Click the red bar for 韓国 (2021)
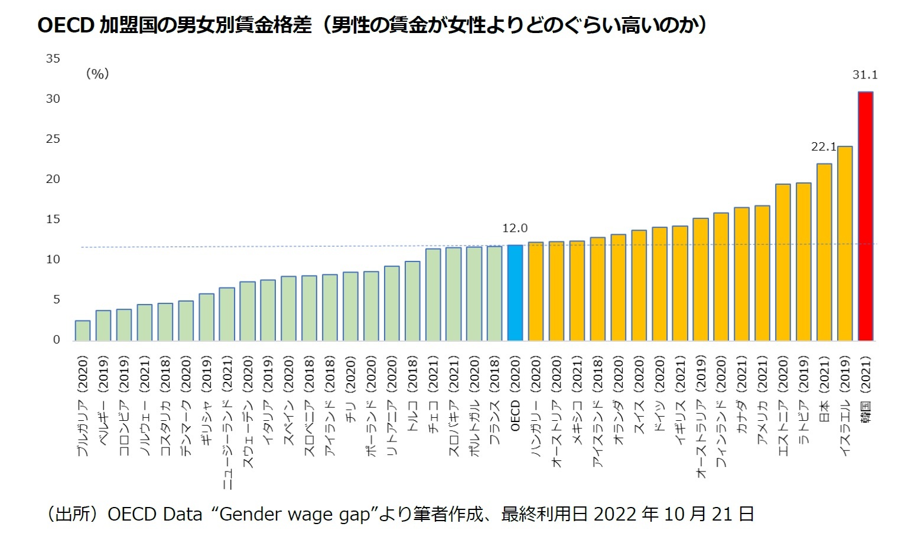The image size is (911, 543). [x=866, y=216]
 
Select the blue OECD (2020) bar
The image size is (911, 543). [x=515, y=293]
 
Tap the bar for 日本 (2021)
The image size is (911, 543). [x=824, y=252]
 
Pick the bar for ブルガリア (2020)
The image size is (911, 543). [x=83, y=331]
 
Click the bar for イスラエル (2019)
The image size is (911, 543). [x=845, y=243]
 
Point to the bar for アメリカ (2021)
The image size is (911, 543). [x=762, y=273]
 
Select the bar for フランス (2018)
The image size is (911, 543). [x=494, y=293]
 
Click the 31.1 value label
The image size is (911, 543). [x=865, y=75]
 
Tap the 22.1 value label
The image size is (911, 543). [x=824, y=147]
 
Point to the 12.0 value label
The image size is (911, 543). [x=515, y=228]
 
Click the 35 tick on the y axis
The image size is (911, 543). [x=53, y=58]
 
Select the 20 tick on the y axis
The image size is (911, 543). [x=53, y=179]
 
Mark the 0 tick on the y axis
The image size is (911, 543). [x=57, y=339]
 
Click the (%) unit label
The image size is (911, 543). [x=97, y=74]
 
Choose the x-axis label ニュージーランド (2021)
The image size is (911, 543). [x=227, y=423]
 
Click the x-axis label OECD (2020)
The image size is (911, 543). [x=515, y=393]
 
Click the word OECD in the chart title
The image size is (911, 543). [x=64, y=25]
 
